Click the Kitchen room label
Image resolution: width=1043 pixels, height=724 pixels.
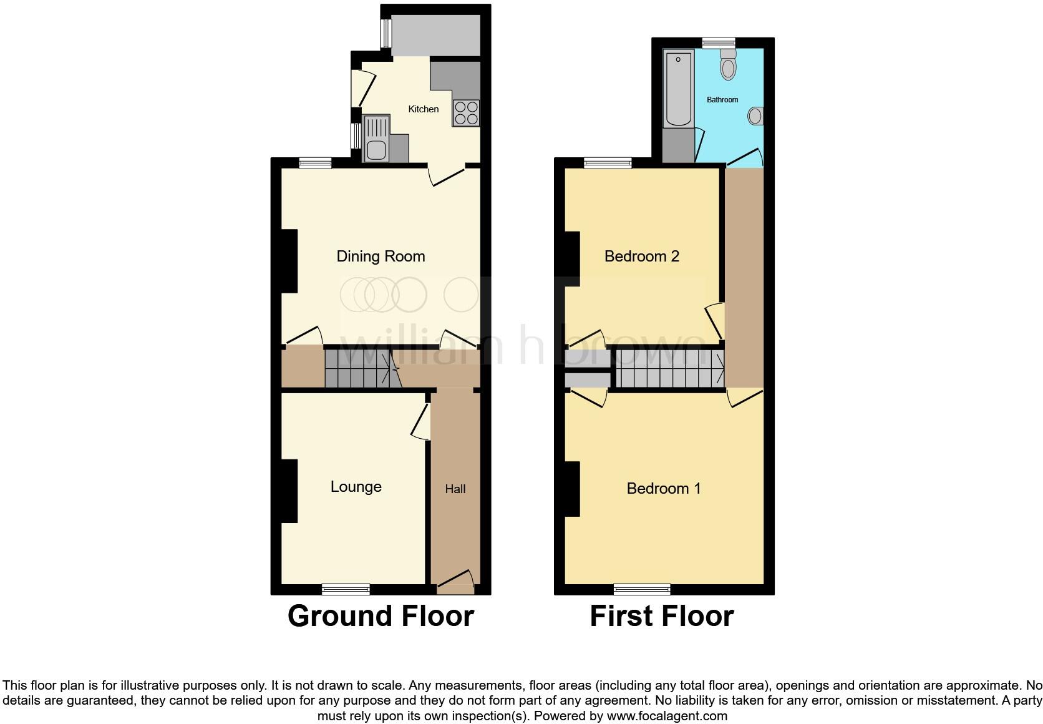(x=424, y=109)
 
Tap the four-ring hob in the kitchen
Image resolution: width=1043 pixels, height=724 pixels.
(x=466, y=113)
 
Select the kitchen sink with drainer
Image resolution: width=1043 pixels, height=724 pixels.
(x=376, y=139)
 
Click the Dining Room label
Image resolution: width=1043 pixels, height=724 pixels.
(x=381, y=256)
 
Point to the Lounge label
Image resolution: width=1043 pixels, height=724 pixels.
(x=356, y=487)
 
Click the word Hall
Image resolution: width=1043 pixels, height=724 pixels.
(x=455, y=489)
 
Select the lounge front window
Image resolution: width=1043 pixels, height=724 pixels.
(x=346, y=589)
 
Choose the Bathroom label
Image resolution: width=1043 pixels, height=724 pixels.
(x=722, y=100)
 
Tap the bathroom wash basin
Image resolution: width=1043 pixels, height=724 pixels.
(x=755, y=115)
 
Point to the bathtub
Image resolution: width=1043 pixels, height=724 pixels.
(x=678, y=89)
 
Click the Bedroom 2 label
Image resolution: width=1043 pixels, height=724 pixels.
(x=641, y=256)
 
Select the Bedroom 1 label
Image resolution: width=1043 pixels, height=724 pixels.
(x=664, y=488)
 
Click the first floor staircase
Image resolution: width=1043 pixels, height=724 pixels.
(x=670, y=369)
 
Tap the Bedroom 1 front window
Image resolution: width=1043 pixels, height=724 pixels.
(x=642, y=589)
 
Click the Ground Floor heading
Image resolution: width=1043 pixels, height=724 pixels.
(x=381, y=616)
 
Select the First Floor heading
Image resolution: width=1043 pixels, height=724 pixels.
(x=661, y=616)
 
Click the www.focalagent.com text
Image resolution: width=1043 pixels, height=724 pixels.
(x=667, y=716)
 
